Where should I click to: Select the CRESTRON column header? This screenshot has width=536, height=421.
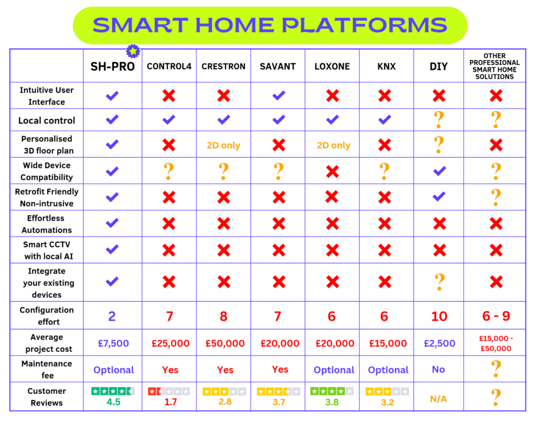click(224, 67)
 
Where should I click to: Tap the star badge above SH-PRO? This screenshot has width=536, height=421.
click(133, 51)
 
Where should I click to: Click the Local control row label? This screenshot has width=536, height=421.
click(47, 120)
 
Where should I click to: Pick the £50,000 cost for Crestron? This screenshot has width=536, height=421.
click(225, 344)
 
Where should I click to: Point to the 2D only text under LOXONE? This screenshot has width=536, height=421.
click(333, 145)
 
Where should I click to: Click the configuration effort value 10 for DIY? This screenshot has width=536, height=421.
click(439, 316)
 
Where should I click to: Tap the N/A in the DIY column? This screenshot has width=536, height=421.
click(439, 399)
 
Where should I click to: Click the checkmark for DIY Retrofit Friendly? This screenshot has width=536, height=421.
click(439, 197)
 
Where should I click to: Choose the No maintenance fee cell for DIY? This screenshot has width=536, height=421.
click(439, 369)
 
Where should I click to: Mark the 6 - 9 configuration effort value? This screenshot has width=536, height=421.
click(495, 316)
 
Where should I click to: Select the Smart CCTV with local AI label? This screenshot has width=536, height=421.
click(47, 250)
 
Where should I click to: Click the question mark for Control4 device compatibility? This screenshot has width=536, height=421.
click(169, 171)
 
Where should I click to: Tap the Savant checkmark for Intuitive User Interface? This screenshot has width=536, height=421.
click(278, 96)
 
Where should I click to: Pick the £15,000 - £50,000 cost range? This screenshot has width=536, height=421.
click(495, 344)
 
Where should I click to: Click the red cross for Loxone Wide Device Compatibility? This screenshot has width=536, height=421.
click(333, 172)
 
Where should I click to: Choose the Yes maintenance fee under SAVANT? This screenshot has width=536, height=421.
click(280, 369)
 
